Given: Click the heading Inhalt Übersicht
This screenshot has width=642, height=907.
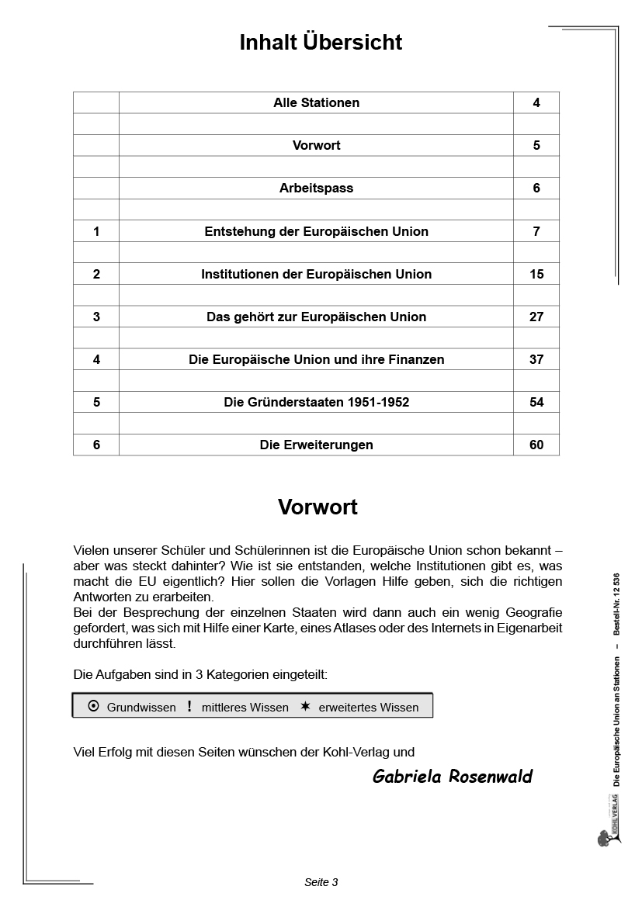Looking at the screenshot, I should click(x=321, y=42).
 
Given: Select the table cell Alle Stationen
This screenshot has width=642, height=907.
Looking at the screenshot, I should click(x=316, y=102).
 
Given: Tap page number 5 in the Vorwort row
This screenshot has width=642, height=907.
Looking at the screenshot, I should click(x=536, y=145).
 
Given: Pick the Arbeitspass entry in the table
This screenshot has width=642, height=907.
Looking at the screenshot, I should click(x=316, y=188).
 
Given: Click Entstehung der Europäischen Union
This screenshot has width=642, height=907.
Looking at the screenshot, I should click(x=316, y=231).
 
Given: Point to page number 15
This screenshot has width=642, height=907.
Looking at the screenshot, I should click(x=536, y=274).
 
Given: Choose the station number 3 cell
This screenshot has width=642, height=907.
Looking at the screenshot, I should click(x=96, y=317).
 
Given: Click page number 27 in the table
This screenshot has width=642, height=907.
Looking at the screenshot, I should click(x=536, y=317).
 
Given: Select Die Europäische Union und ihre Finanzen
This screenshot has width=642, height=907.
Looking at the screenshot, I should click(x=316, y=359).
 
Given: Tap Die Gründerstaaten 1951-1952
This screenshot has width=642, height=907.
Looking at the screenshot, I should click(x=316, y=402).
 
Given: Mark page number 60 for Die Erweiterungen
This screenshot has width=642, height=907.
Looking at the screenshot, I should click(x=536, y=445).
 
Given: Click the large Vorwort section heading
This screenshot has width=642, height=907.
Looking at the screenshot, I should click(x=318, y=507).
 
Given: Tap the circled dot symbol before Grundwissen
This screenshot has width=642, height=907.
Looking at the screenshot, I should click(x=93, y=706).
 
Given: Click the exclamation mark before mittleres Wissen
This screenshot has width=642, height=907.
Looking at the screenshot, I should click(x=189, y=706).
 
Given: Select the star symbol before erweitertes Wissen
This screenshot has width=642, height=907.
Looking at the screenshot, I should click(x=305, y=706).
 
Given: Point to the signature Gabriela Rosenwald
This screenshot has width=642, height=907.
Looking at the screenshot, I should click(x=453, y=777).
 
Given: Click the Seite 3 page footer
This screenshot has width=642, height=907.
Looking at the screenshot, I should click(x=321, y=882).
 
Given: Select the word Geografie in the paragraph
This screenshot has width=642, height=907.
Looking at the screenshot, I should click(x=535, y=613).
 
